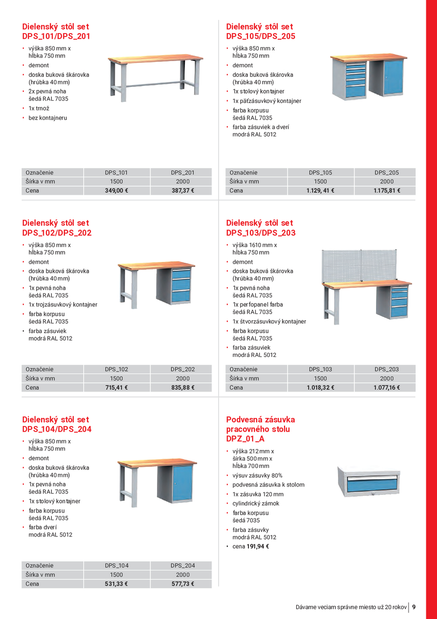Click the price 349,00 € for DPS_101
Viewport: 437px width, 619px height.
(116, 191)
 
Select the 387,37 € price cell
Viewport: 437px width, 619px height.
(182, 191)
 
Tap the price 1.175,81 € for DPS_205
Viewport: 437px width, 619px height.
(386, 191)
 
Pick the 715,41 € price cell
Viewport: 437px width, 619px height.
(116, 388)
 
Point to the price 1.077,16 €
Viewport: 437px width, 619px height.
(386, 388)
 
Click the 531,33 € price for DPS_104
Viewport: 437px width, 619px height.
(116, 584)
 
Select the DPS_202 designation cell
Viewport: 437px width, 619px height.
(182, 370)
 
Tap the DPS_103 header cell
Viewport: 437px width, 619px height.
(320, 370)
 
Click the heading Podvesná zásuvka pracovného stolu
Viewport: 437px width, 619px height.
(260, 429)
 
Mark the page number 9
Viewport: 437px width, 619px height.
(414, 607)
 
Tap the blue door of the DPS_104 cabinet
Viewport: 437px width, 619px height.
(182, 483)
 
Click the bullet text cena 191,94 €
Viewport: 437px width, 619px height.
(251, 547)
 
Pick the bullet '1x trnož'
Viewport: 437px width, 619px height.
(39, 108)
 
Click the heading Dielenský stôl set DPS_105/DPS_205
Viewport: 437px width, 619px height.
(260, 32)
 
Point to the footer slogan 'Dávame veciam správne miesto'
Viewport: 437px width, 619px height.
(351, 607)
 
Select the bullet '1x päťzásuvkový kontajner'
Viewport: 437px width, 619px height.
(267, 101)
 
